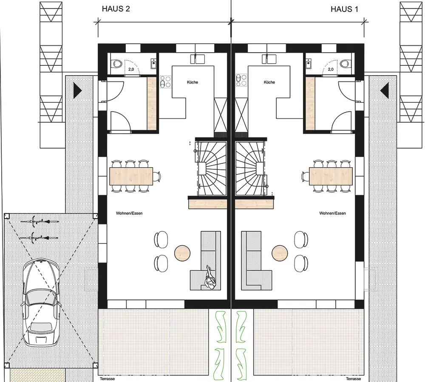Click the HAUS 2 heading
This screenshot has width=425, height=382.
coord(116,8)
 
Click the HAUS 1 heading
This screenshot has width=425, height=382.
coord(344,9)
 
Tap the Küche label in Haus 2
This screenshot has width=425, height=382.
coord(193,82)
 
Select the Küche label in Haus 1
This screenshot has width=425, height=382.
coord(269,82)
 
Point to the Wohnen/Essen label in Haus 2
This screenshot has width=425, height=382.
coord(129,213)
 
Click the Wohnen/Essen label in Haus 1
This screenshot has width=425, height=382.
coord(332,213)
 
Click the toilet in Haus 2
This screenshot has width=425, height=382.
coord(116,64)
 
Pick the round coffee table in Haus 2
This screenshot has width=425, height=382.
coord(182,253)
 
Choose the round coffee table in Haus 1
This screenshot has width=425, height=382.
coord(280,253)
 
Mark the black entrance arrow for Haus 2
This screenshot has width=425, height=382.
coord(77,90)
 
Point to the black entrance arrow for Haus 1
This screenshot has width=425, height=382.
coord(385,90)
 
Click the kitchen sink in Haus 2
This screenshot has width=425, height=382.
coord(197,59)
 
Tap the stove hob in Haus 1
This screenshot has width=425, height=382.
coord(241,80)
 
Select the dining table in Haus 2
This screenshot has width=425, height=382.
coord(131,176)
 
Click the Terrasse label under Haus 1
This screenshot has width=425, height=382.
coord(353,379)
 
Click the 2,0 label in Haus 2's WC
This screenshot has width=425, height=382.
coord(131,69)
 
